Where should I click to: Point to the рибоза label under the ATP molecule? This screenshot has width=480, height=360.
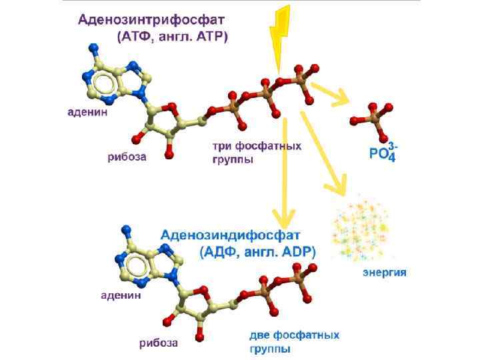click(127, 158)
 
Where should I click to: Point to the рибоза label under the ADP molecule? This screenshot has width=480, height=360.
click(158, 343)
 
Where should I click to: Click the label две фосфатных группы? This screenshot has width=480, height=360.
click(294, 341)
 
